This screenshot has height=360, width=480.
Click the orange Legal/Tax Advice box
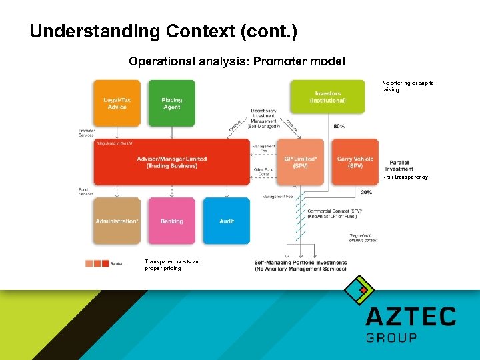pos(117,103)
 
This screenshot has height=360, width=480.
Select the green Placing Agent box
pos(171,103)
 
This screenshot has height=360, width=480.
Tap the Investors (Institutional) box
pos(327,97)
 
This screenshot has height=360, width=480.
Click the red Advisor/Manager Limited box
pos(172,162)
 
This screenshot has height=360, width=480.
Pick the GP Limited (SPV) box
pos(299,162)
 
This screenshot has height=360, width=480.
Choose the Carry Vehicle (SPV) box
pos(353,162)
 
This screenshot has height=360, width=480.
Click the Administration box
pos(117,221)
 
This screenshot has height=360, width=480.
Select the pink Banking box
pos(171,221)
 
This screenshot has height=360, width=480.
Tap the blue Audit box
pos(227,221)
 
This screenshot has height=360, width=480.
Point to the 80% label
pos(339,126)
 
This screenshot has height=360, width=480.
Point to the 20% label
pos(366,192)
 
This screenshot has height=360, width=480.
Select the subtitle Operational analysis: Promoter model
pos(237,61)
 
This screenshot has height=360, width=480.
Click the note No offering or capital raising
pos(408,86)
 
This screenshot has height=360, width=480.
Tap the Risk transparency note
pos(405,177)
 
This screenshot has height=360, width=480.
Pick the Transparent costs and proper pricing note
pos(173,265)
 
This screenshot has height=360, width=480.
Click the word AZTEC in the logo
pos(411,316)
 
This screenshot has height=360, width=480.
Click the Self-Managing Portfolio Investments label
pos(300,265)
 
